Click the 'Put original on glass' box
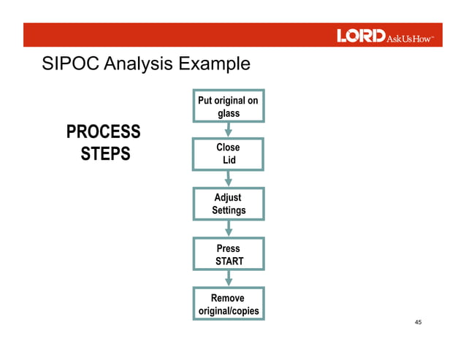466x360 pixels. point(229,107)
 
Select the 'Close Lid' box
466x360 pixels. point(229,153)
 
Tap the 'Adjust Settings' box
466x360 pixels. point(229,204)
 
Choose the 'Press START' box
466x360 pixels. point(229,254)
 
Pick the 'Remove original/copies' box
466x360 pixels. point(229,305)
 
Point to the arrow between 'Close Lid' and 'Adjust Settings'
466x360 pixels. point(229,178)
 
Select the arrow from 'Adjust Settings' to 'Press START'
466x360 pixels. point(229,229)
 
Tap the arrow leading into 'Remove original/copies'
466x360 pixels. point(229,279)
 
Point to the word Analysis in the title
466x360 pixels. point(137,64)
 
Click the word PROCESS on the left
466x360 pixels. point(103,132)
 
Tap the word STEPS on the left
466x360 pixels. point(105,155)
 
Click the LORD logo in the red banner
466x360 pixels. point(360,36)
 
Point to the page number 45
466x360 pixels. point(419,323)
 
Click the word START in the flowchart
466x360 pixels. point(229,261)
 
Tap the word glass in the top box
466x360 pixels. point(229,113)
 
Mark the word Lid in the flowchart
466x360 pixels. point(229,160)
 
